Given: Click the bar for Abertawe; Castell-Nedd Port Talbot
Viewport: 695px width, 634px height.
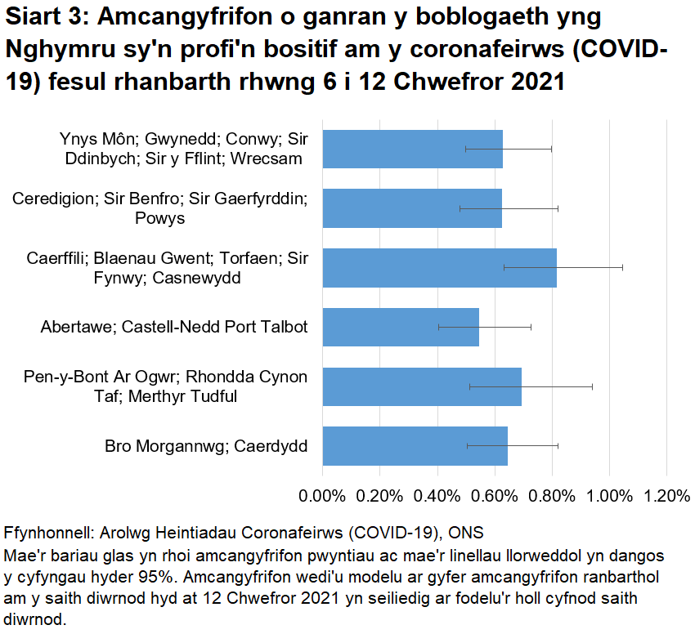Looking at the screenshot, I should click(400, 327).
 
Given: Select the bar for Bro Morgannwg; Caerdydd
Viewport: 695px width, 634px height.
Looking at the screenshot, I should click(415, 446).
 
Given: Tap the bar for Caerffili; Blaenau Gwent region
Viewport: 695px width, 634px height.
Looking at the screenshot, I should click(439, 268).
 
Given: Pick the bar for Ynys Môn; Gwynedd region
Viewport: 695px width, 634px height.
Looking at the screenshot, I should click(412, 149).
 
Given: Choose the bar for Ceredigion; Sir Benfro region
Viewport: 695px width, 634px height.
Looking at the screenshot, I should click(412, 208).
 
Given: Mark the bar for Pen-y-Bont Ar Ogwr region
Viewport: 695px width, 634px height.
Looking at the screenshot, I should click(422, 386).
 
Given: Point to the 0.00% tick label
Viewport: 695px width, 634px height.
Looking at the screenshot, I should click(323, 496).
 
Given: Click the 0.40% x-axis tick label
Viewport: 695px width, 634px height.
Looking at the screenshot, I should click(437, 496).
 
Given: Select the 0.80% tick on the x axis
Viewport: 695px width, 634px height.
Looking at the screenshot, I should click(552, 496).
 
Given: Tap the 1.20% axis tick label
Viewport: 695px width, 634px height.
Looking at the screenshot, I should click(666, 496).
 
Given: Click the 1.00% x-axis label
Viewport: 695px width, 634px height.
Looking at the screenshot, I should click(609, 496).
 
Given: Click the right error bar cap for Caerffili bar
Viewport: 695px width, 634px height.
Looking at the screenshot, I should click(622, 267).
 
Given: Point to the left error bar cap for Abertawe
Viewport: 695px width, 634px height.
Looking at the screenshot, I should click(439, 327).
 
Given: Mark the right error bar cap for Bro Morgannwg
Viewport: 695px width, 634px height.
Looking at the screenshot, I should click(558, 446).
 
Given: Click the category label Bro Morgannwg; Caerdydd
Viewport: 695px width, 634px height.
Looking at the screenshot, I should click(206, 446).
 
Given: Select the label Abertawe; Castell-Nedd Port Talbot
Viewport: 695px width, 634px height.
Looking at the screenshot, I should click(174, 328).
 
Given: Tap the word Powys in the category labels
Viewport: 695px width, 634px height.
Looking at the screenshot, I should click(160, 218).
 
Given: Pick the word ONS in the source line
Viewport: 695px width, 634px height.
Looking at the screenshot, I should click(466, 533).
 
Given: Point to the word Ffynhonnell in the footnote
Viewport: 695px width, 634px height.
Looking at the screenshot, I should click(48, 533).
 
